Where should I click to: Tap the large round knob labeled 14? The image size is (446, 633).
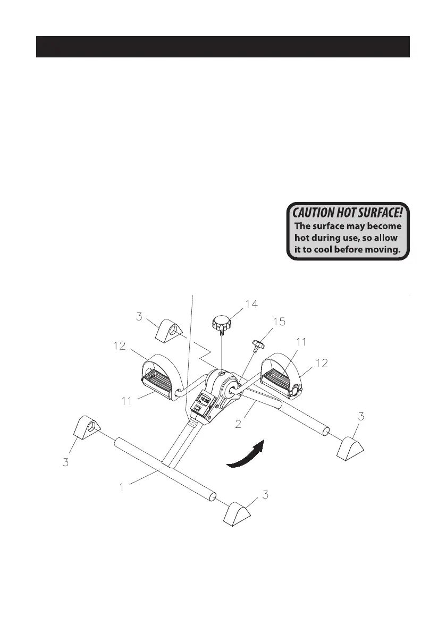pyautogui.click(x=220, y=323)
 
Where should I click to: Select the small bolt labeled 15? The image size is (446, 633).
pyautogui.click(x=259, y=346)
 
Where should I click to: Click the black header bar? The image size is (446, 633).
pyautogui.click(x=223, y=47)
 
